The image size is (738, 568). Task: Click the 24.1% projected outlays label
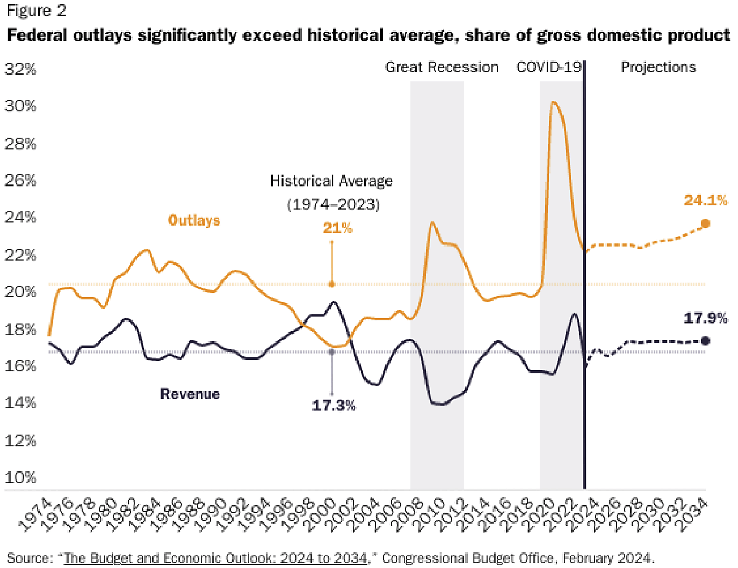click(x=705, y=201)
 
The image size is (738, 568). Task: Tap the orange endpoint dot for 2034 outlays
click(x=705, y=223)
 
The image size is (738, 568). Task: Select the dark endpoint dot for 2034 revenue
click(x=705, y=341)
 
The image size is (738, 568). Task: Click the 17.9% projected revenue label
click(x=705, y=318)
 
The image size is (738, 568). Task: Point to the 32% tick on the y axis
click(x=21, y=69)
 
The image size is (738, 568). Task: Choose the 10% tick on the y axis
click(x=21, y=477)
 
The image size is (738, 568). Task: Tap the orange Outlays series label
click(x=194, y=220)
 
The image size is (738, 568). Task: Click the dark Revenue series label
click(x=190, y=394)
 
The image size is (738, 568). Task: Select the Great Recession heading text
click(x=442, y=67)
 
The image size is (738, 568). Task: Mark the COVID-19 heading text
click(x=549, y=67)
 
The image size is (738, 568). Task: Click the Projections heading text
click(x=658, y=67)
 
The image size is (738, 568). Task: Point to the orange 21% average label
click(x=337, y=228)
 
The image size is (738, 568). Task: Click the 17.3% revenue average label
click(x=333, y=406)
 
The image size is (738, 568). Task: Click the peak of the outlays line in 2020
click(x=553, y=102)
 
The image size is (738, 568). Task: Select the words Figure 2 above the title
click(x=36, y=11)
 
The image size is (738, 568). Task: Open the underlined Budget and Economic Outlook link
click(x=216, y=557)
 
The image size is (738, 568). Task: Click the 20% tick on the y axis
click(x=21, y=291)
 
